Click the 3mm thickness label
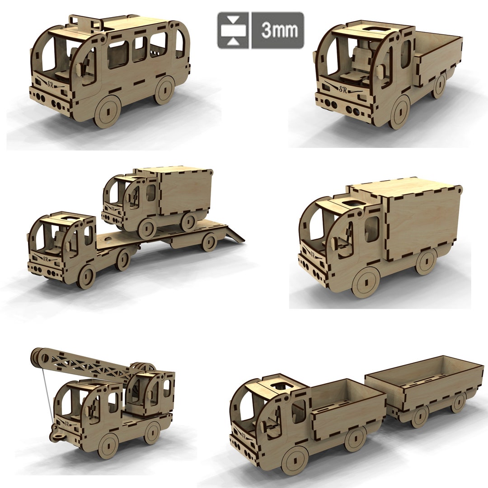click(x=277, y=30)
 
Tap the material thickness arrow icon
click(x=233, y=30)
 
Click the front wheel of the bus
click(x=108, y=111)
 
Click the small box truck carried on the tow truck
click(x=158, y=199)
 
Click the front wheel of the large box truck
click(x=365, y=282)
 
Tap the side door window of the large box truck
click(x=371, y=229)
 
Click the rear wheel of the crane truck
click(x=152, y=432)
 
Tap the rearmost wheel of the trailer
click(x=458, y=402)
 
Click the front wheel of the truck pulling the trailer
click(x=295, y=460)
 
